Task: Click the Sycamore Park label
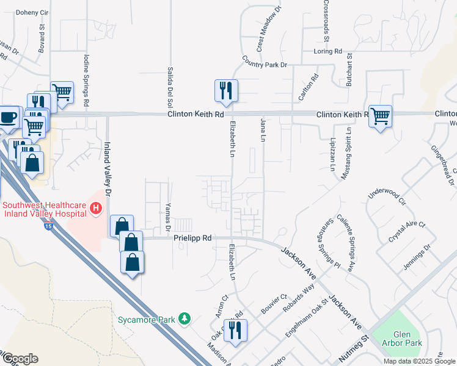[x=147, y=319]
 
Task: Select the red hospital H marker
[x=95, y=209]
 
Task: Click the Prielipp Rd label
[x=192, y=239]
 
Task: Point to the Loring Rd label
[x=328, y=52]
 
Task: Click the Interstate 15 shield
[x=49, y=226]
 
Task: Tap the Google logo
[x=20, y=359]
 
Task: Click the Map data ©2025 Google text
[x=419, y=361]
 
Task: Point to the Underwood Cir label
[x=387, y=190]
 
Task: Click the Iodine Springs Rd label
[x=86, y=78]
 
